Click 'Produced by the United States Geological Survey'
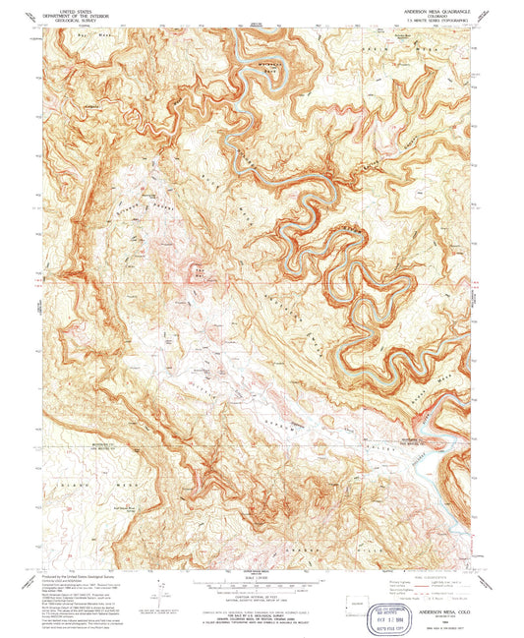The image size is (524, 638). tap(84, 574)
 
